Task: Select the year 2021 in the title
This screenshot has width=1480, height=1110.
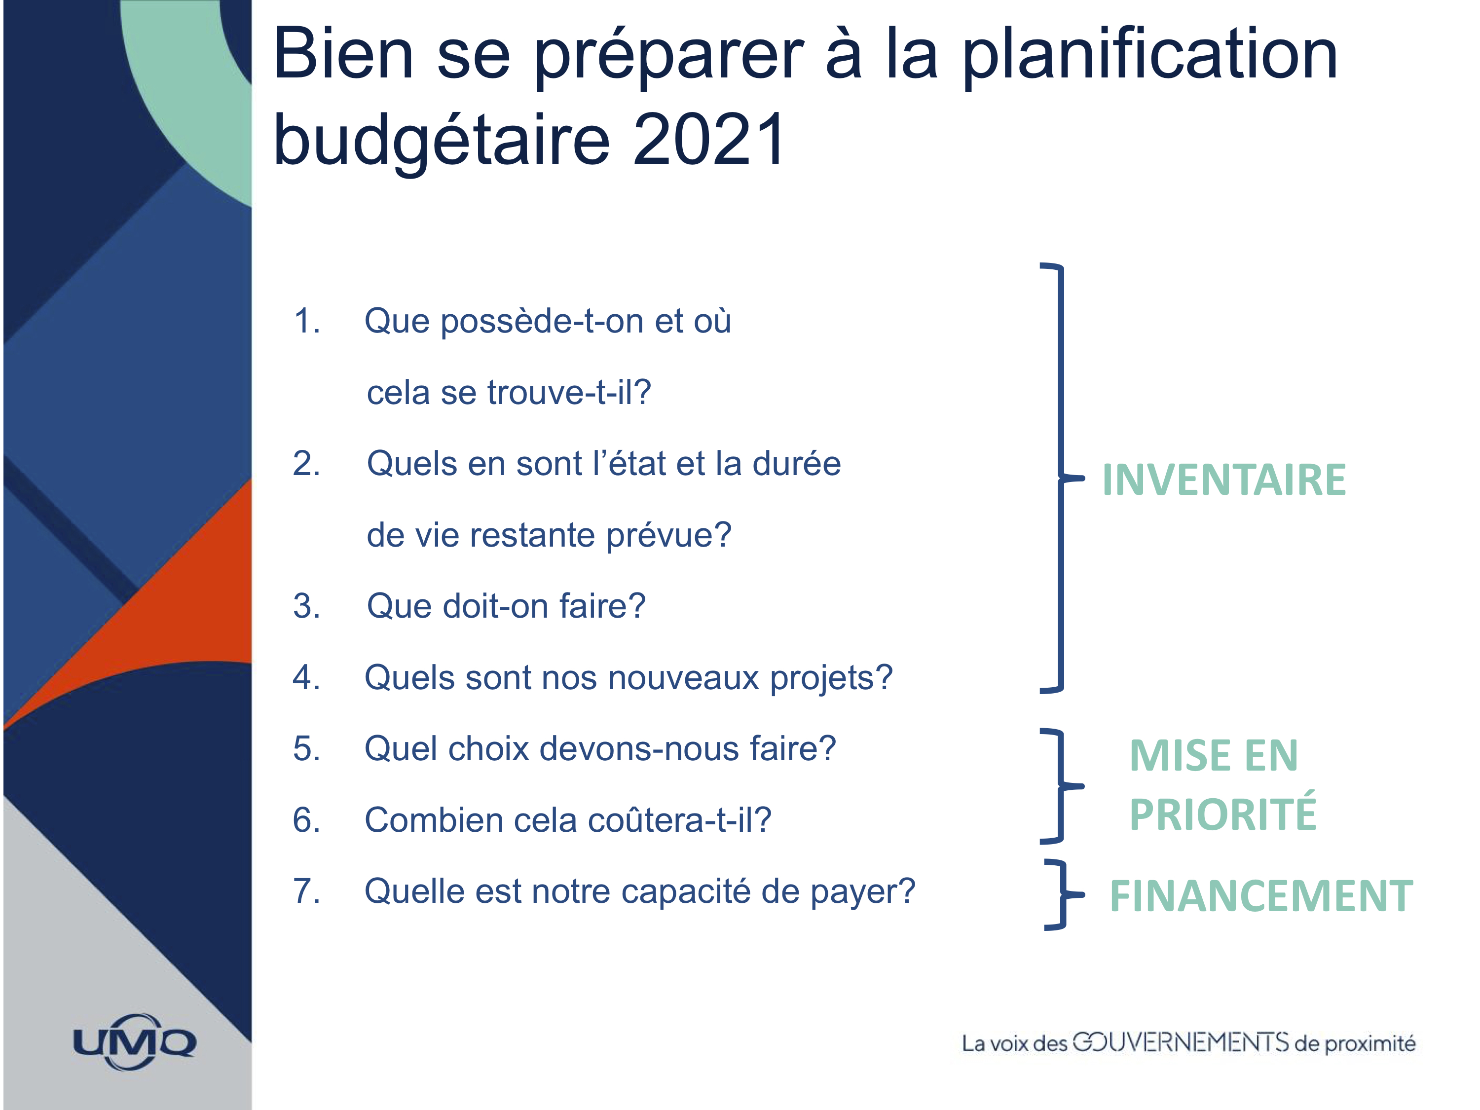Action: click(x=709, y=139)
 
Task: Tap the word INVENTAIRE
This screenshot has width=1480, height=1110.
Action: click(x=1224, y=480)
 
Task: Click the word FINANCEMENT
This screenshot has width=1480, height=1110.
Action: click(x=1261, y=896)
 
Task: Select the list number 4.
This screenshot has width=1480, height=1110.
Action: click(x=306, y=677)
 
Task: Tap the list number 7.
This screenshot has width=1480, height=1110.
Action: click(x=306, y=891)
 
